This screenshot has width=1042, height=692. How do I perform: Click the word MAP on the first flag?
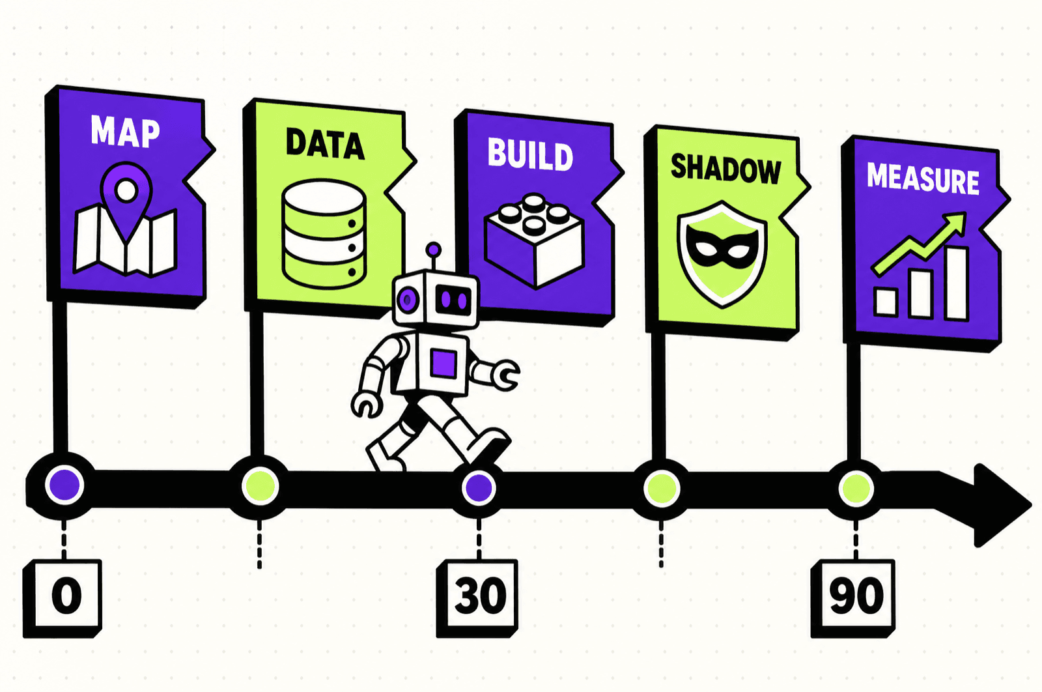coord(125,132)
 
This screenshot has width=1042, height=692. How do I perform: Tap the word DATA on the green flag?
coord(325,144)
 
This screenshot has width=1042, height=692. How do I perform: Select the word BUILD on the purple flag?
coord(530,154)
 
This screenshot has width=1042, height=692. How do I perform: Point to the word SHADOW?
coord(725,169)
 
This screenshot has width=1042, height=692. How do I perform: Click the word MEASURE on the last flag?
coord(923,179)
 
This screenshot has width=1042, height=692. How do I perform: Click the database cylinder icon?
coord(324,234)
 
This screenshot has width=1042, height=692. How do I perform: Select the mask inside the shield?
coord(722,246)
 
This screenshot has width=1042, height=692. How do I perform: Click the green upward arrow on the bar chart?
coord(919,244)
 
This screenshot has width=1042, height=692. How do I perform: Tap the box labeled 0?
coord(63,598)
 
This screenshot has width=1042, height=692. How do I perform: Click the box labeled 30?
coord(477,598)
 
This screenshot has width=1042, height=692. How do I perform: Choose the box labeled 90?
coord(853,598)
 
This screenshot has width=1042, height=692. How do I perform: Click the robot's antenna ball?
coord(434,250)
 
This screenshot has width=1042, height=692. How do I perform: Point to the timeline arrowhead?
coord(1000,505)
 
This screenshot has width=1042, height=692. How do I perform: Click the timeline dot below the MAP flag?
coord(64,485)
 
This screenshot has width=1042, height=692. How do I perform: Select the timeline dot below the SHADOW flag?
coord(662,489)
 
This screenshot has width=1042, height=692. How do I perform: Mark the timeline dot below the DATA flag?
coord(260,486)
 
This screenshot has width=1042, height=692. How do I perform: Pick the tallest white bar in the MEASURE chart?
coord(957,284)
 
